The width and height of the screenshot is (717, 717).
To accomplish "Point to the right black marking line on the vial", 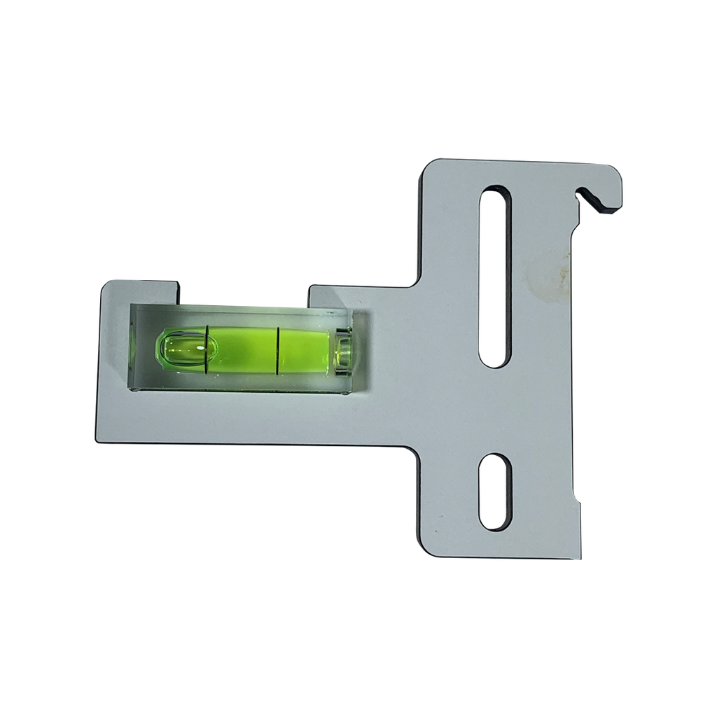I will point(278,348).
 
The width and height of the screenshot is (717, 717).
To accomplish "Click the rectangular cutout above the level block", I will point(243,292).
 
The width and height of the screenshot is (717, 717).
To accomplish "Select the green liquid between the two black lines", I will point(243,347).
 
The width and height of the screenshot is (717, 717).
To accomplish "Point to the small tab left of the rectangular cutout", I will point(140,291).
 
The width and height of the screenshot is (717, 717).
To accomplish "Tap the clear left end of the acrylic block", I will point(141,347).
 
